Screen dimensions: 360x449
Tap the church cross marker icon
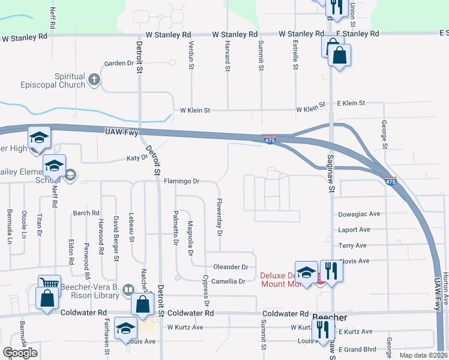(x=94, y=79)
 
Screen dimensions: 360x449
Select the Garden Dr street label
(x=118, y=63)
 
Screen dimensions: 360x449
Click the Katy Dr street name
(x=136, y=158)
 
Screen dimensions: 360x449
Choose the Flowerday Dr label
(x=220, y=217)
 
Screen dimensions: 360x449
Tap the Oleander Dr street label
(x=231, y=266)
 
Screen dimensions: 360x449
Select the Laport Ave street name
(x=354, y=230)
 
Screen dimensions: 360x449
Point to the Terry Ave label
(x=352, y=245)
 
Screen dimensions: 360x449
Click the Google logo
(x=20, y=353)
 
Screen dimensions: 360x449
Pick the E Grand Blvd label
(x=357, y=349)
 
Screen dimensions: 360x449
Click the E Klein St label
(x=351, y=103)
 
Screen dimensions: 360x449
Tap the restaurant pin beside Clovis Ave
(x=331, y=271)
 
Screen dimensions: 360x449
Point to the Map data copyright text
(x=423, y=355)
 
